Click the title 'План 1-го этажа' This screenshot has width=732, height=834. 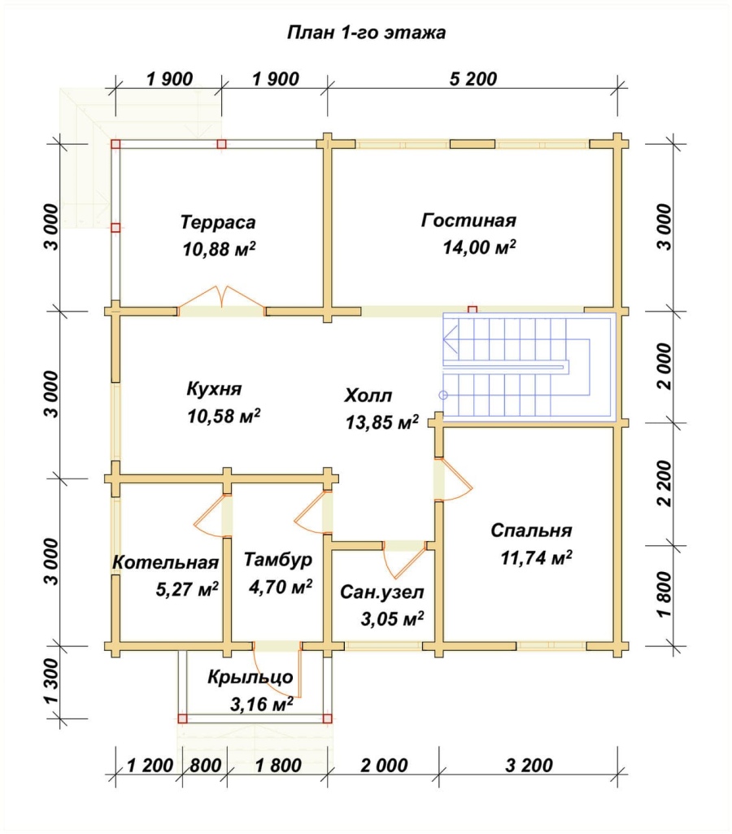(x=366, y=33)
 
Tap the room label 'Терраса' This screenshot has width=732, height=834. (x=218, y=222)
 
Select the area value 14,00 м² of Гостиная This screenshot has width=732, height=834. (x=480, y=247)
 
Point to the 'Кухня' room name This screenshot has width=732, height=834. (x=214, y=389)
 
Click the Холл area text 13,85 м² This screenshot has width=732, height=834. (x=382, y=422)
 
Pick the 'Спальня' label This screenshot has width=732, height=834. (x=531, y=531)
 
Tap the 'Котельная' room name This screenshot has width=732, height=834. (x=166, y=562)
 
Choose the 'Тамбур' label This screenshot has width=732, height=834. (x=278, y=560)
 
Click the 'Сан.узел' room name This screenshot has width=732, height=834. (x=382, y=592)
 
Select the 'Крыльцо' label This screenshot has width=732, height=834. (x=251, y=677)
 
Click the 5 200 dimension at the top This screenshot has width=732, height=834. (x=473, y=79)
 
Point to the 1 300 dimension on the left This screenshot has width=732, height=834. (x=53, y=682)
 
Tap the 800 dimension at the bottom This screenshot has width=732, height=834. (x=205, y=766)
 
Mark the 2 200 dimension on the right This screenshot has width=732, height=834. (x=664, y=483)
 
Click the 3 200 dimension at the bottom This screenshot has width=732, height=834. (x=529, y=766)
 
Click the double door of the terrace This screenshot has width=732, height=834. (x=222, y=298)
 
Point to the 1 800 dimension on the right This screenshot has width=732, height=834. (x=664, y=595)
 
